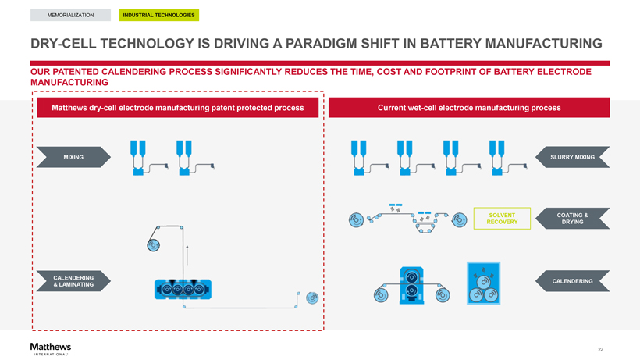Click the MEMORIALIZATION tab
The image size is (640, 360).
point(70,15)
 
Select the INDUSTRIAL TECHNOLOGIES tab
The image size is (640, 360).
point(158,15)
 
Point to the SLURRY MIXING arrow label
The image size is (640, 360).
point(572,158)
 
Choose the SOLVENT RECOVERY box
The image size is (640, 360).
point(501,219)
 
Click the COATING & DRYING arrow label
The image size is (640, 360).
point(572,219)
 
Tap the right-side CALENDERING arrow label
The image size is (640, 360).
point(572,281)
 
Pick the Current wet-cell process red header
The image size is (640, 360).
point(469,108)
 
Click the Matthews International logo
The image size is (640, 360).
point(51,348)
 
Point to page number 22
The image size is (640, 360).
point(600,349)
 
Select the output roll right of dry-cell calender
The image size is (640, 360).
point(313,298)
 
